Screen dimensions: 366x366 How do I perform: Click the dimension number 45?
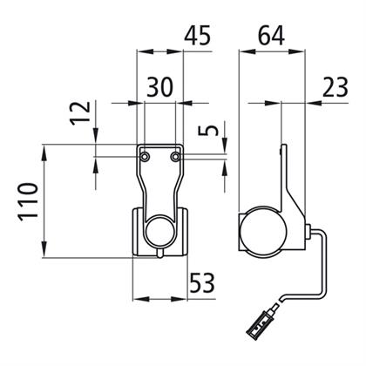(198, 36)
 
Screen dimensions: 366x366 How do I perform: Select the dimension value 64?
(271, 36)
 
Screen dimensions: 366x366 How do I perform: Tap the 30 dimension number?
(160, 86)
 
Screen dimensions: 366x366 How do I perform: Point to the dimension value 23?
(335, 86)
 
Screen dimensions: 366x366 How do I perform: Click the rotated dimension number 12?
(80, 113)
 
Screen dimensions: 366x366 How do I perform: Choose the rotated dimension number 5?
(208, 131)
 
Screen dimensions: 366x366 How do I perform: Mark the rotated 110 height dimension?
(28, 201)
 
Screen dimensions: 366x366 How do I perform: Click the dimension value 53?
(202, 282)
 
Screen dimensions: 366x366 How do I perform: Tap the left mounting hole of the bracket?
(145, 157)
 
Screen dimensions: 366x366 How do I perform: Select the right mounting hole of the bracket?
(175, 157)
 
